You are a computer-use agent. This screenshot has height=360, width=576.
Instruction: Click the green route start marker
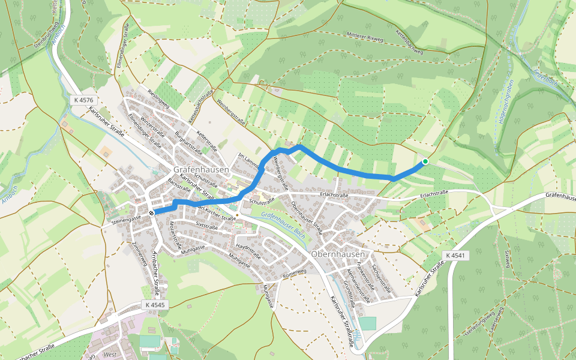425,161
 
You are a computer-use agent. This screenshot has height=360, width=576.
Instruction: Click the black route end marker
152,212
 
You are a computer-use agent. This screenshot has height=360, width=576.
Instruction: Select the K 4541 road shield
455,256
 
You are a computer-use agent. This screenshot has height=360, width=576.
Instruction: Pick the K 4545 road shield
154,305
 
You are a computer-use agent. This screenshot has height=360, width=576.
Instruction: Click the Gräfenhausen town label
202,170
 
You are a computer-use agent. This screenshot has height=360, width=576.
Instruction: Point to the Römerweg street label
295,273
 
